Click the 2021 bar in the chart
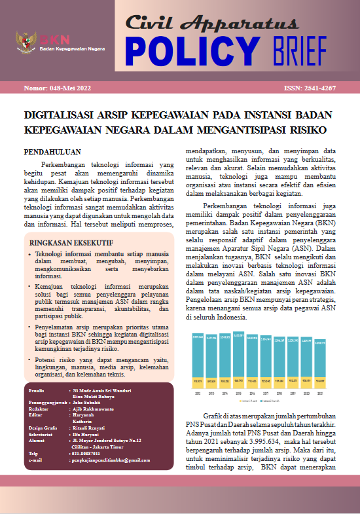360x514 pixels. pyautogui.click(x=320, y=363)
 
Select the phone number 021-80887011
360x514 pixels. pyautogui.click(x=91, y=452)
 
